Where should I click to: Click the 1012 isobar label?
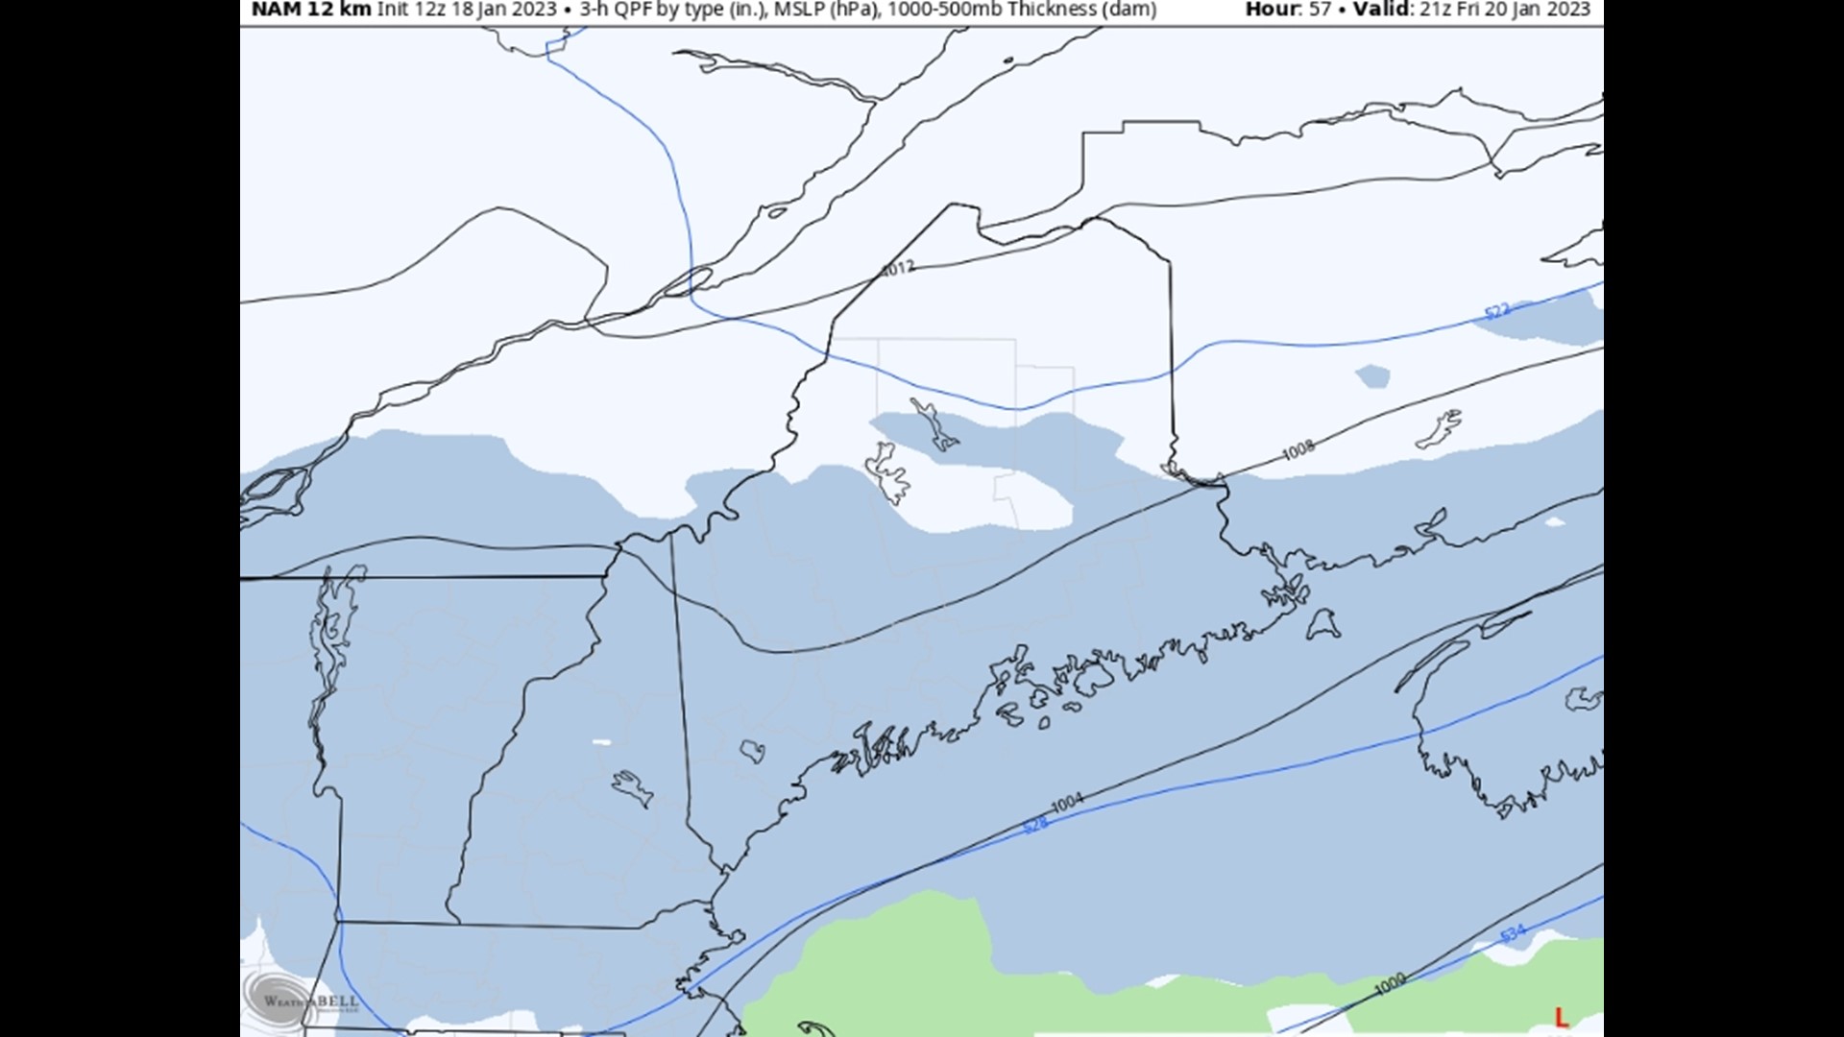coord(898,269)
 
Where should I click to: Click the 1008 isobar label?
coord(1298,448)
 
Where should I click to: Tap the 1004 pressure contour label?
coord(1067,802)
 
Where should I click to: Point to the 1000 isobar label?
coord(1390,982)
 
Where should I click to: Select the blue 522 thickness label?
coord(1497,310)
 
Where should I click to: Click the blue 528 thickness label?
coord(1034,825)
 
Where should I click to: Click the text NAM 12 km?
coord(311,10)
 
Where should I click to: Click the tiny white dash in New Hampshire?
coord(602,742)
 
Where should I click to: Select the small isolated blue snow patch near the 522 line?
coord(1372,375)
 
